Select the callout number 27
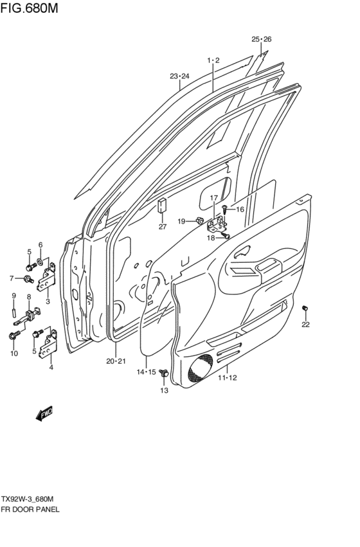163,226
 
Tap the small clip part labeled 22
305,311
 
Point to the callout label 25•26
262,39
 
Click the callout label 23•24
179,76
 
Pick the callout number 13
164,390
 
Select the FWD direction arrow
44,415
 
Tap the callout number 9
13,295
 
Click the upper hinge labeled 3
48,278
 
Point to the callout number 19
181,222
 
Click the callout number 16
240,210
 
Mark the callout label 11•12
228,377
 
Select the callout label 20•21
116,361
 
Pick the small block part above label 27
162,206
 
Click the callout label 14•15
146,372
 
